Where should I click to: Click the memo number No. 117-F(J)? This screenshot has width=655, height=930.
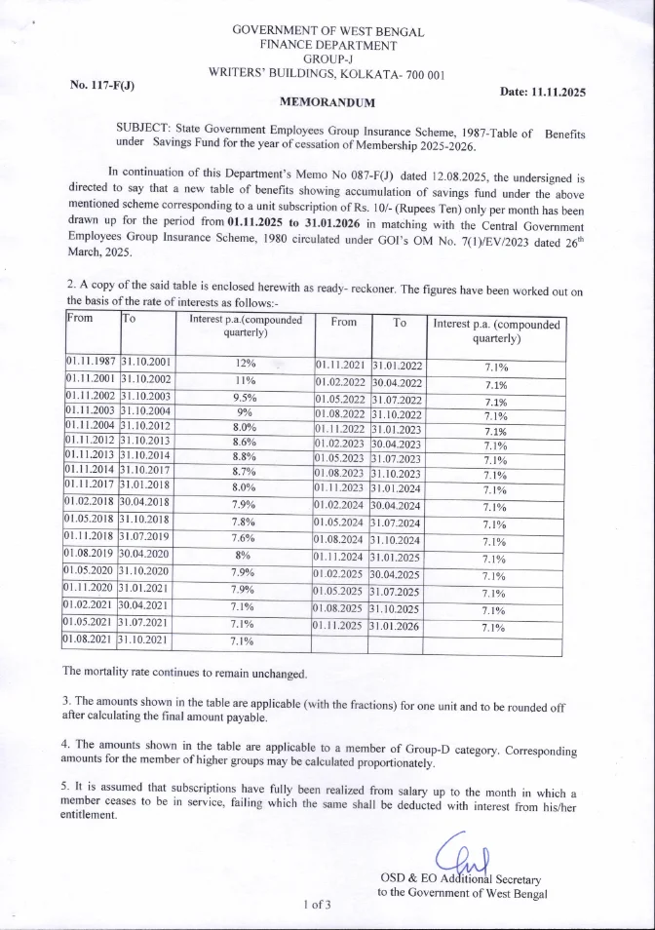coord(102,85)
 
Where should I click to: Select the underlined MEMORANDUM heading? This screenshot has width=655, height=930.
coord(327,100)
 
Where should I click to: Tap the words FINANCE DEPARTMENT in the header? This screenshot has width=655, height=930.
coord(327,45)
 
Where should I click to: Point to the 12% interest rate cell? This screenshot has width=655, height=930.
coord(246,363)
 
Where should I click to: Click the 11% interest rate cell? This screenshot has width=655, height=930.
coord(246,379)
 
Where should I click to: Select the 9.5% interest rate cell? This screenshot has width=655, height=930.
coord(246,397)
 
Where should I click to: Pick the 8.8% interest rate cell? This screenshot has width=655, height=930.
coord(246,455)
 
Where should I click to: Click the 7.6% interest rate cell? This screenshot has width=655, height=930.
coord(246,536)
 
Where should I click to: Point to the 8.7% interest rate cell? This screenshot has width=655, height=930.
coord(246,471)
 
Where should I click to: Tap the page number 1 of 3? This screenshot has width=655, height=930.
coord(319,905)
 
